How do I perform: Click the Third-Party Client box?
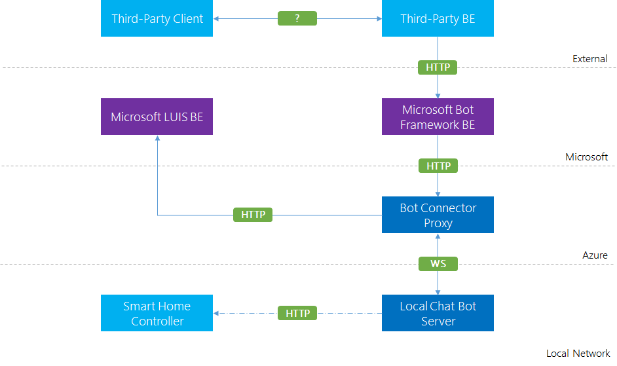click(157, 18)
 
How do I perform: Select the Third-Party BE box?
click(438, 18)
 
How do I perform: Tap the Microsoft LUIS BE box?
click(157, 117)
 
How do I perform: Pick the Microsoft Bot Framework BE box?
click(438, 117)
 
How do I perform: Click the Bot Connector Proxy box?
click(438, 215)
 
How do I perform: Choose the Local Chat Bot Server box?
click(438, 313)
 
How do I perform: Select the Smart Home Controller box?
click(157, 313)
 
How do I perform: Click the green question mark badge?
click(297, 18)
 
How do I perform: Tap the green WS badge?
click(438, 264)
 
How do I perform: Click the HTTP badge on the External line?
click(438, 67)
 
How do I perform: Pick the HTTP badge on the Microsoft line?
click(438, 166)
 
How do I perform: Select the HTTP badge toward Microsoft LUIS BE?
click(253, 215)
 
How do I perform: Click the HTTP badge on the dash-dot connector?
click(297, 313)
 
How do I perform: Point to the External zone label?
click(590, 59)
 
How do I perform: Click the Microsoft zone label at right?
click(586, 157)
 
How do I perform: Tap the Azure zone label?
click(595, 255)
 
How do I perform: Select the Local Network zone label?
click(578, 354)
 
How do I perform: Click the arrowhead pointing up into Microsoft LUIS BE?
click(157, 138)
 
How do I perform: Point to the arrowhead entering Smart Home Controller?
click(216, 313)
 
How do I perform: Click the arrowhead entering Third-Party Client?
click(216, 18)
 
